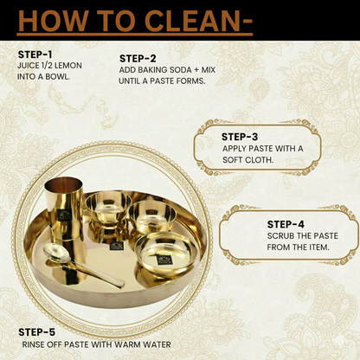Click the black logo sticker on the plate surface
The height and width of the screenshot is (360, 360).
116,247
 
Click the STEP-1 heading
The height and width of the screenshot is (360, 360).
35,55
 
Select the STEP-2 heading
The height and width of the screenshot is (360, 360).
138,59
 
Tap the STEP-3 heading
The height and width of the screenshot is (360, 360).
240,136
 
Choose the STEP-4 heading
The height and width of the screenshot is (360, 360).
286,223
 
